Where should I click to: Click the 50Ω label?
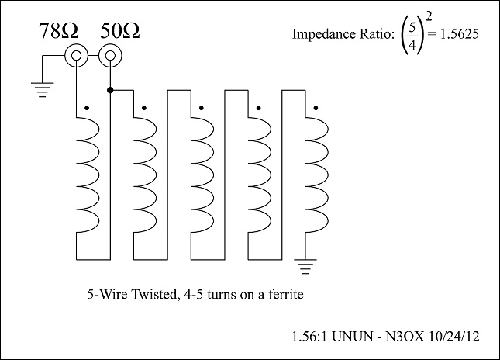122,33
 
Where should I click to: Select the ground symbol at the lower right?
309,269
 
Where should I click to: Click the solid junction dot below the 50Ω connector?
111,91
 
